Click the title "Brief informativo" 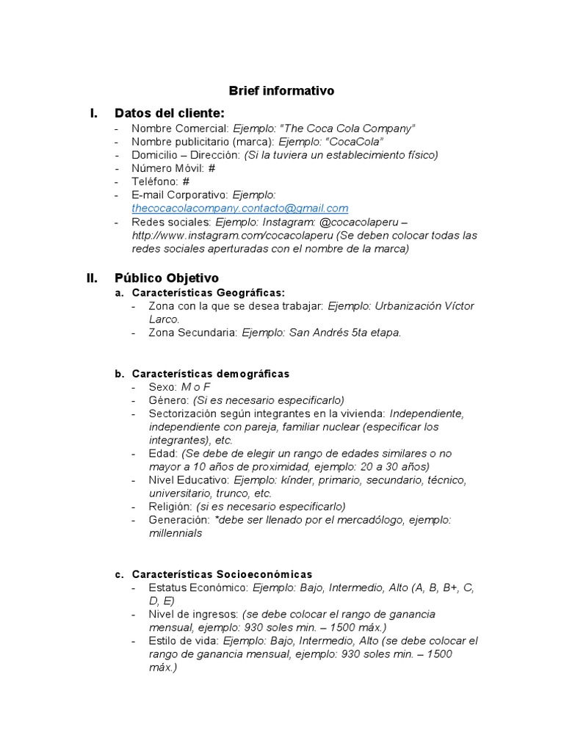(x=281, y=91)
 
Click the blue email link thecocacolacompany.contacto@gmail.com (x=239, y=209)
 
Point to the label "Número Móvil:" (x=168, y=168)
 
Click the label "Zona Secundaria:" (x=192, y=333)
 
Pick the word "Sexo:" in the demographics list (x=162, y=387)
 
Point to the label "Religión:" (x=170, y=507)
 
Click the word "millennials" (x=175, y=533)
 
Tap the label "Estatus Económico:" (x=198, y=587)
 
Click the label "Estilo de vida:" (x=184, y=640)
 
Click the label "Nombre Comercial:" (x=180, y=129)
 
